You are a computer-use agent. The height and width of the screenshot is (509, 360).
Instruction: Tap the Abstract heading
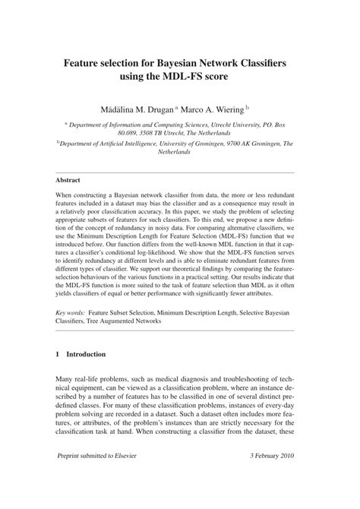(69, 180)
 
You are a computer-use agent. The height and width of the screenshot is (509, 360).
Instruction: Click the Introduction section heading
(86, 355)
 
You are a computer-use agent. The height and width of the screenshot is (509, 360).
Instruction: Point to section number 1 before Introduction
(58, 355)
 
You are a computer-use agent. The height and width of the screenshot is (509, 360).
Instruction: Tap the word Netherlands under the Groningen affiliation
(179, 151)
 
